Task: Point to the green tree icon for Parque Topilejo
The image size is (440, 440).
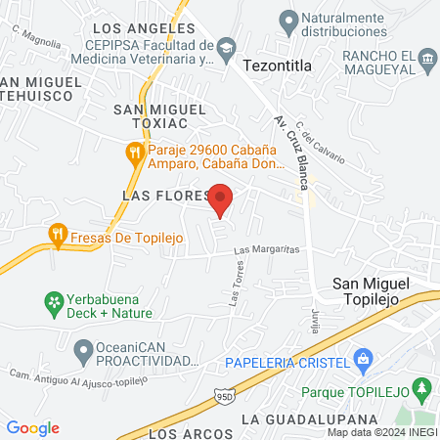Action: tap(422, 390)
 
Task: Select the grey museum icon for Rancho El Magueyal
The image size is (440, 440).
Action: tap(427, 61)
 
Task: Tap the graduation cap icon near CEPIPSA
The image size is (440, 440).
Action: tap(226, 46)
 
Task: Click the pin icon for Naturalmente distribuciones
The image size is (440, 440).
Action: tap(287, 19)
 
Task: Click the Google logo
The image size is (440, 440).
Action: tap(33, 427)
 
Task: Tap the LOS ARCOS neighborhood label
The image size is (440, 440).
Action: tap(193, 432)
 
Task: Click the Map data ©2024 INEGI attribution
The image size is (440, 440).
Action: tap(381, 432)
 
